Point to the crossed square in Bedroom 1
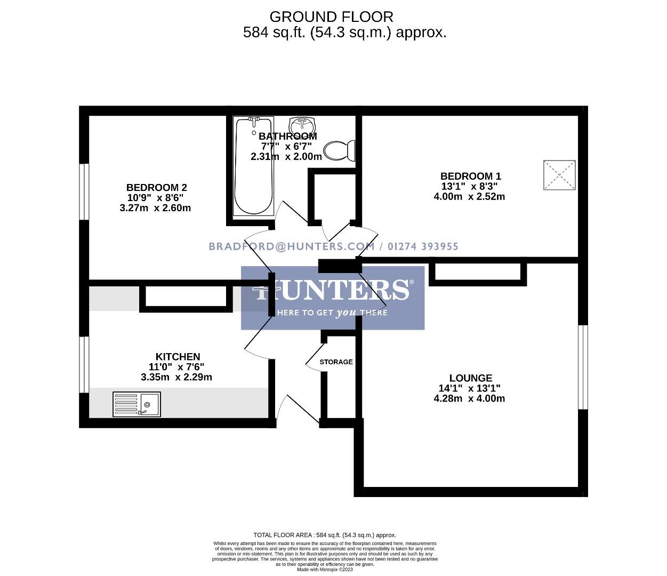coord(559,175)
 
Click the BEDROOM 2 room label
coord(156,188)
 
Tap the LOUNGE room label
coord(470,378)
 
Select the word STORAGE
coord(336,362)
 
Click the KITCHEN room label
coord(178,357)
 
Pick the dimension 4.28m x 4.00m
coord(469,398)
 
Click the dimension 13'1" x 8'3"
coord(469,186)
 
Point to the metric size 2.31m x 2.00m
coord(286,157)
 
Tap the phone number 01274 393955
coord(423,246)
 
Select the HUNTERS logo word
coord(333,290)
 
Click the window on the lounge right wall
coord(583,367)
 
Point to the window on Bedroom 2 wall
coord(84,191)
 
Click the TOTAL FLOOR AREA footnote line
coord(325,535)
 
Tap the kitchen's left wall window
coord(84,365)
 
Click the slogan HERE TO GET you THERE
coord(333,313)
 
